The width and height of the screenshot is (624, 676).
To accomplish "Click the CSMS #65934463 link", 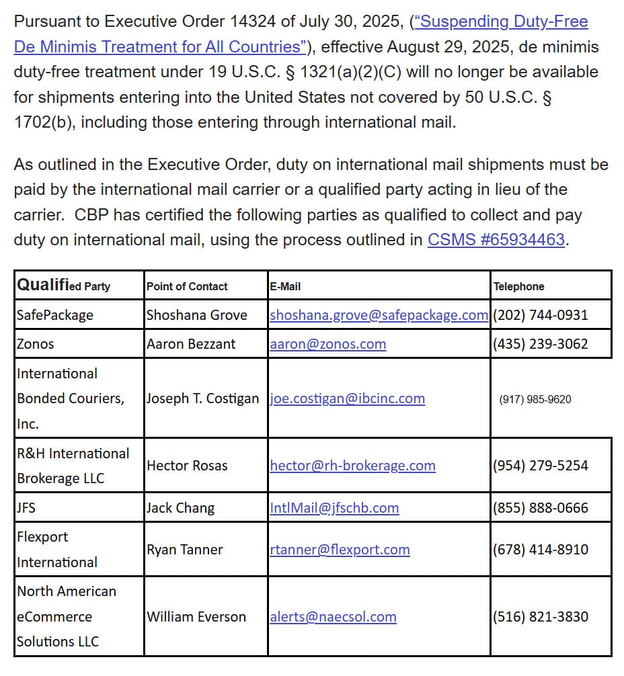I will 496,240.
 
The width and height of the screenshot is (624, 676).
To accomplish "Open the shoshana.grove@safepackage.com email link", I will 379,314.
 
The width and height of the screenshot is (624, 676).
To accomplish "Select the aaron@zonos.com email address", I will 327,344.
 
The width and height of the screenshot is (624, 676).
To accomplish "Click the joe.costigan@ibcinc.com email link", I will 347,398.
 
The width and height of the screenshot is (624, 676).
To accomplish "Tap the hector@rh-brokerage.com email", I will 352,466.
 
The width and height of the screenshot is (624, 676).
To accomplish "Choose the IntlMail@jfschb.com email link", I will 334,508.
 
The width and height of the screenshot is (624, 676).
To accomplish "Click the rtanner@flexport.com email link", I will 340,550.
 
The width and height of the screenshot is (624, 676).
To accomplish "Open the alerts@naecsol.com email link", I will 333,617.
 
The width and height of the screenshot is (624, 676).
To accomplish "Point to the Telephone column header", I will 518,286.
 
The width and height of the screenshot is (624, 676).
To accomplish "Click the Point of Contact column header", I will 187,286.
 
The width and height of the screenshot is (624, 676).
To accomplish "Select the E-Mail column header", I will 285,286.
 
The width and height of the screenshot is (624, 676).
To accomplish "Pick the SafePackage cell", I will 55,314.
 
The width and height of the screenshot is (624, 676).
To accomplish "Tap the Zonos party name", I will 36,344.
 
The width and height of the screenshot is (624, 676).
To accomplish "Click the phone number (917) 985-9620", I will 535,399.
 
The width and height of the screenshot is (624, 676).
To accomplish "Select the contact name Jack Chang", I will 180,508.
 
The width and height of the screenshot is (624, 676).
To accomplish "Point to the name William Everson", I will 196,617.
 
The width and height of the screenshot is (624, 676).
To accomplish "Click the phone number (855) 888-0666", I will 541,508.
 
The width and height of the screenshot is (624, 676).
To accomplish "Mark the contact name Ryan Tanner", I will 185,550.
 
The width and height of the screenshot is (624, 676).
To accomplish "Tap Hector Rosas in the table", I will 187,466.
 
